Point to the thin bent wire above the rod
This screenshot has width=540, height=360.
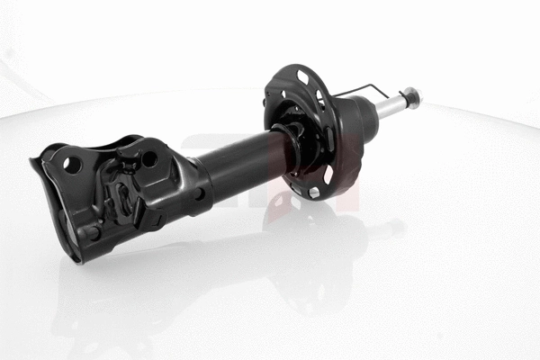(364, 87)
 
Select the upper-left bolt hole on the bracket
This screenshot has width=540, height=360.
(70, 165)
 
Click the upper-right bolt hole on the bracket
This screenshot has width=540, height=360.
(149, 158)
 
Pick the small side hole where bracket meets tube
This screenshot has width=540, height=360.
(198, 193)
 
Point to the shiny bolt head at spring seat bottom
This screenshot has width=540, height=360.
(313, 191)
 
